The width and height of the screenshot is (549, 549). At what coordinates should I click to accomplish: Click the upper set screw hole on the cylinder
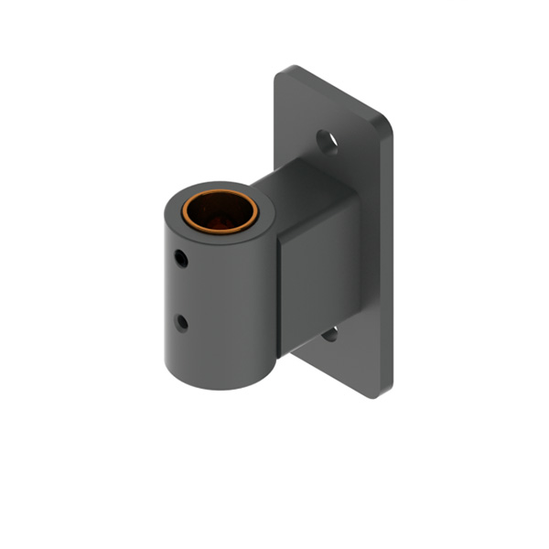click(x=181, y=259)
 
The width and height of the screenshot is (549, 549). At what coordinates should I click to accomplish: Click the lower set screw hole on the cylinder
click(x=181, y=322)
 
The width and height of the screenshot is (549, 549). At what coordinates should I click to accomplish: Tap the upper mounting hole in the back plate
click(x=328, y=141)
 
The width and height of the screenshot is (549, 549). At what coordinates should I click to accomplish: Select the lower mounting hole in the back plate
click(x=330, y=334)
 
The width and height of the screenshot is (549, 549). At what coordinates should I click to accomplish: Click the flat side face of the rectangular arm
click(x=320, y=274)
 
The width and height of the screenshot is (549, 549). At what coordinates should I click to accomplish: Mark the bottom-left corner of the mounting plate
click(x=297, y=352)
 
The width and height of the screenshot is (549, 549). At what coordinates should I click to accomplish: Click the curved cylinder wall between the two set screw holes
click(x=183, y=291)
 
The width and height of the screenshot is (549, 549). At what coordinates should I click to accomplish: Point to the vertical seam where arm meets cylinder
click(x=277, y=293)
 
